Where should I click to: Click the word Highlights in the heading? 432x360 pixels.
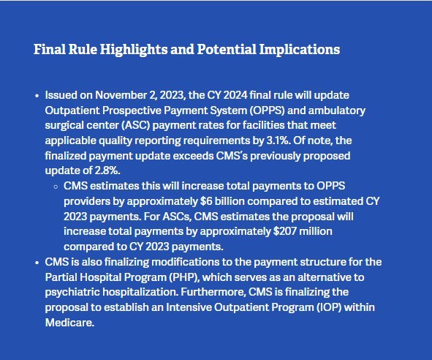tap(133, 50)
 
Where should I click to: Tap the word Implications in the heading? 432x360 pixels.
tap(300, 50)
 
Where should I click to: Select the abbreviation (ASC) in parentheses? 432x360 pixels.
tap(135, 125)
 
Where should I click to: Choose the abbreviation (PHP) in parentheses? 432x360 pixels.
tap(184, 277)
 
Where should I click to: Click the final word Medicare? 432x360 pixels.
tap(69, 323)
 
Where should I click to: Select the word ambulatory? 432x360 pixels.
tap(337, 110)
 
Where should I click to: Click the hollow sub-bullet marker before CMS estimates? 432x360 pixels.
tap(56, 187)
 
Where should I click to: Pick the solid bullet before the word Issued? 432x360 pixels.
tap(37, 96)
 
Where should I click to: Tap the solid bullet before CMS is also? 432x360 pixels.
tap(37, 263)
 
